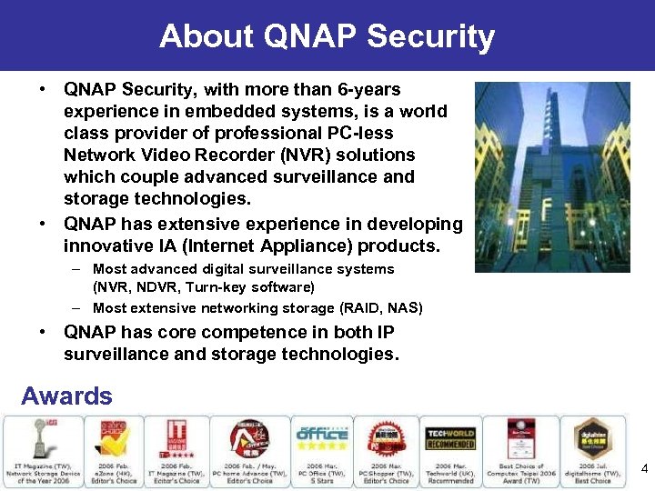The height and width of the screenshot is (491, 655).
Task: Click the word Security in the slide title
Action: (431, 36)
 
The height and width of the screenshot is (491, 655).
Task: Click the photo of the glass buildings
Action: (552, 177)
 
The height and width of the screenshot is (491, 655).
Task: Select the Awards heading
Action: (66, 396)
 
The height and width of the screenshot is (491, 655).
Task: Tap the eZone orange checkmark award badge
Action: (111, 438)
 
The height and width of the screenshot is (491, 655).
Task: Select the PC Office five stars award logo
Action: (321, 436)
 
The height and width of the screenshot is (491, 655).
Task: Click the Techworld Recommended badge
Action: (450, 438)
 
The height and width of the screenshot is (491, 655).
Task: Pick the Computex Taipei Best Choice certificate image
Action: (519, 438)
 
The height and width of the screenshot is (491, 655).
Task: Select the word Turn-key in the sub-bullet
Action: (212, 287)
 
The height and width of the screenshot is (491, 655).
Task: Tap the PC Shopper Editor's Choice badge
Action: (386, 438)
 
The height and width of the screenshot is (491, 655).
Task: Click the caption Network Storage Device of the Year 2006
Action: (44, 476)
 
